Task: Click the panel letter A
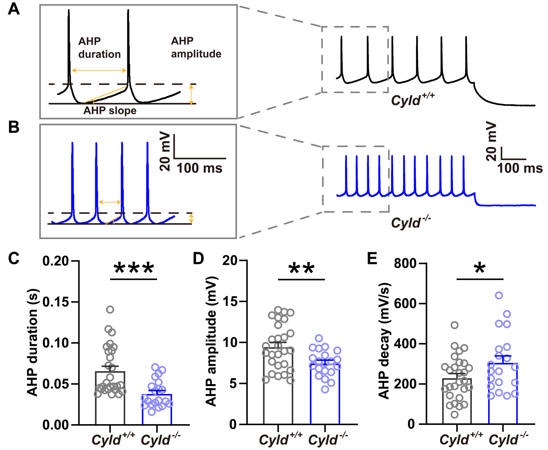(14, 10)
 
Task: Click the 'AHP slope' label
(110, 111)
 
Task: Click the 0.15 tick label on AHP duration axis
(56, 302)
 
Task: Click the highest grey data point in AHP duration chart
(110, 309)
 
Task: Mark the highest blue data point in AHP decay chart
(499, 295)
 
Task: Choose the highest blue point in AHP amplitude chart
(319, 338)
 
